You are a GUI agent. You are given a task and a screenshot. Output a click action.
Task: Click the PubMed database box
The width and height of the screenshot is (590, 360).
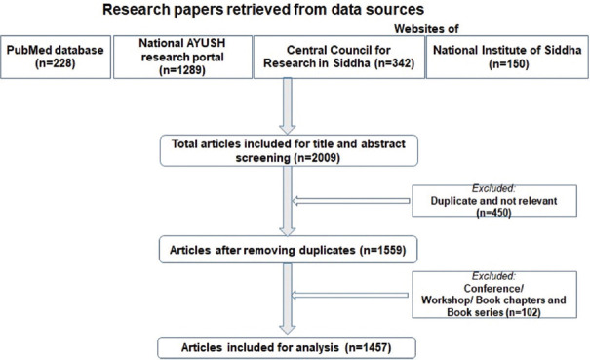point(56,57)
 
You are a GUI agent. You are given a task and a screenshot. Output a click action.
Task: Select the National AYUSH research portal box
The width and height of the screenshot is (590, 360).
point(182,57)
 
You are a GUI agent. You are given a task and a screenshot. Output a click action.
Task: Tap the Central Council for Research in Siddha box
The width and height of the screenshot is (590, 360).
point(339,57)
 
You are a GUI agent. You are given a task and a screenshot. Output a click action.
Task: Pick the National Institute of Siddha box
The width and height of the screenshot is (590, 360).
point(507,57)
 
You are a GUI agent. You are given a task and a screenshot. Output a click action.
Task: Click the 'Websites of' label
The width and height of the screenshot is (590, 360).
point(426,28)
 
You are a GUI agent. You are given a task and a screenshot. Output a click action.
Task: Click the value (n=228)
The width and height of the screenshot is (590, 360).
point(56,63)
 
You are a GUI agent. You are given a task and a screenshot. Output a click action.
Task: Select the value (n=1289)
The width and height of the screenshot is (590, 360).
point(182,70)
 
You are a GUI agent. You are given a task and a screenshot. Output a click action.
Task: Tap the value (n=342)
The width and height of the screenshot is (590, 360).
point(394,63)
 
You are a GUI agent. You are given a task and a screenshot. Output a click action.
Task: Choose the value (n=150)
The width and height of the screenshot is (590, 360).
point(509,63)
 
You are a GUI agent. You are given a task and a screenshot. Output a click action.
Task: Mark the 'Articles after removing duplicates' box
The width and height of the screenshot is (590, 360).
point(289,250)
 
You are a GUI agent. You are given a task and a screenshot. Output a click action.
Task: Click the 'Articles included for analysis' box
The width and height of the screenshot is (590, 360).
point(287,347)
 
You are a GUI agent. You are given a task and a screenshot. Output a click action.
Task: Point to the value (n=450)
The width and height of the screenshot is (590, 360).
point(493,213)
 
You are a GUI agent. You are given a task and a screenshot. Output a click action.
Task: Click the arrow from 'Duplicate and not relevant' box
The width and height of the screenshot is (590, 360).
point(351,201)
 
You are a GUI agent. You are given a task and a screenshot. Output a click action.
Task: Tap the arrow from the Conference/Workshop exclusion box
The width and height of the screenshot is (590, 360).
point(350,295)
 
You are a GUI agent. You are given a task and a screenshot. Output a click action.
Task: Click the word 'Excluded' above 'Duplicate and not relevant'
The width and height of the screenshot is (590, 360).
point(492,188)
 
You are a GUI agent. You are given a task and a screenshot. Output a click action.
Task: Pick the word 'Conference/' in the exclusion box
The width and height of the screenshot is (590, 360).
point(493,288)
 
